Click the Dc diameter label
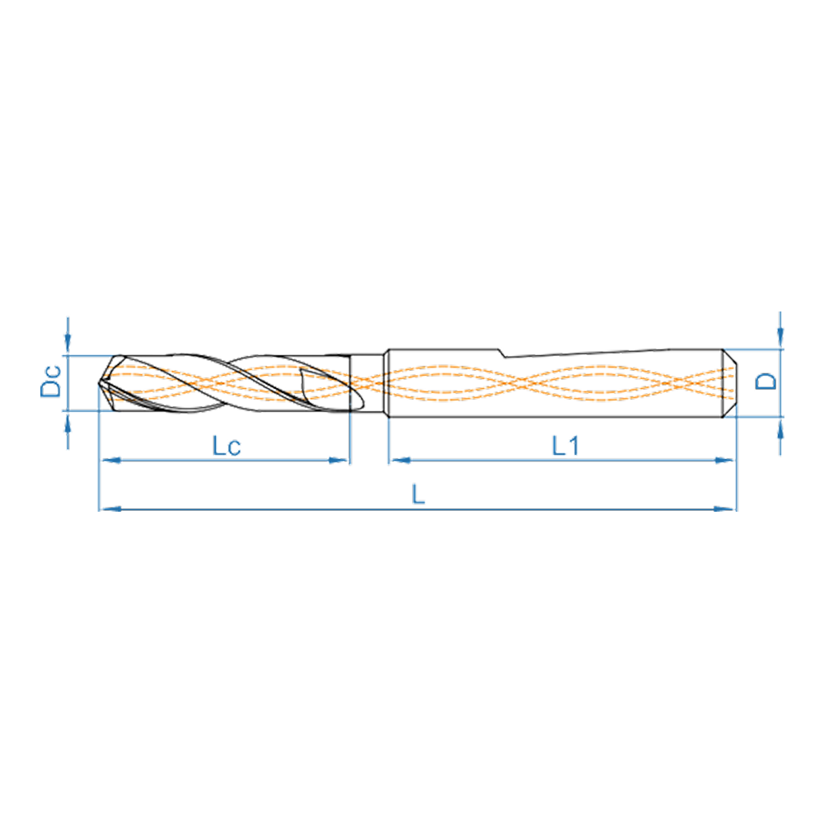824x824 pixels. click(51, 381)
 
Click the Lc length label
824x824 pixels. click(227, 446)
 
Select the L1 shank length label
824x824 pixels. click(565, 446)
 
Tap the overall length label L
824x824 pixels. click(419, 494)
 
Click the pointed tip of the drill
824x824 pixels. click(99, 383)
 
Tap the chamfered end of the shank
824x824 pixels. click(729, 383)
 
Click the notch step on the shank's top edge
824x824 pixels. click(503, 353)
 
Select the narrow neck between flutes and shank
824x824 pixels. click(368, 383)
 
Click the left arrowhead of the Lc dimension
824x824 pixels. click(110, 461)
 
